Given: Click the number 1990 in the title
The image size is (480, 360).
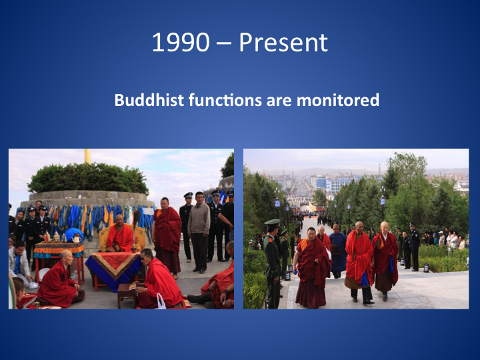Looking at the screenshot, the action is (x=181, y=42).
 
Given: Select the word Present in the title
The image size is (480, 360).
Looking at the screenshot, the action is (x=283, y=42).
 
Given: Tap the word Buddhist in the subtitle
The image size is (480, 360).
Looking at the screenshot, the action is (x=149, y=100).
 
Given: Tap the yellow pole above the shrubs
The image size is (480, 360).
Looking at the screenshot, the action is (x=87, y=156).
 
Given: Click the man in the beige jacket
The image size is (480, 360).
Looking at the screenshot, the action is (x=199, y=232).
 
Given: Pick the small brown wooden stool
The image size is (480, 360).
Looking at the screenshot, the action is (x=127, y=295).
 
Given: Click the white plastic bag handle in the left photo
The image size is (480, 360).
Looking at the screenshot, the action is (x=161, y=301).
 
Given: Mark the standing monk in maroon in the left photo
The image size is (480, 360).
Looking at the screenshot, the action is (x=167, y=237).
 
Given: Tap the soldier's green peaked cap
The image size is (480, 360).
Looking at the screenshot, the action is (x=272, y=222).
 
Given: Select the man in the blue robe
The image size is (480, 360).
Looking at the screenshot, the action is (x=337, y=251).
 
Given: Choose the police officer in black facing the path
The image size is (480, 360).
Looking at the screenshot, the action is (x=415, y=247).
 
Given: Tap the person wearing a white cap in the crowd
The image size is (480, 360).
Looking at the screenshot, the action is (x=441, y=238).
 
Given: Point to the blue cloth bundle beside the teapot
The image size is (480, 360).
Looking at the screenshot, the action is (x=73, y=234).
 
